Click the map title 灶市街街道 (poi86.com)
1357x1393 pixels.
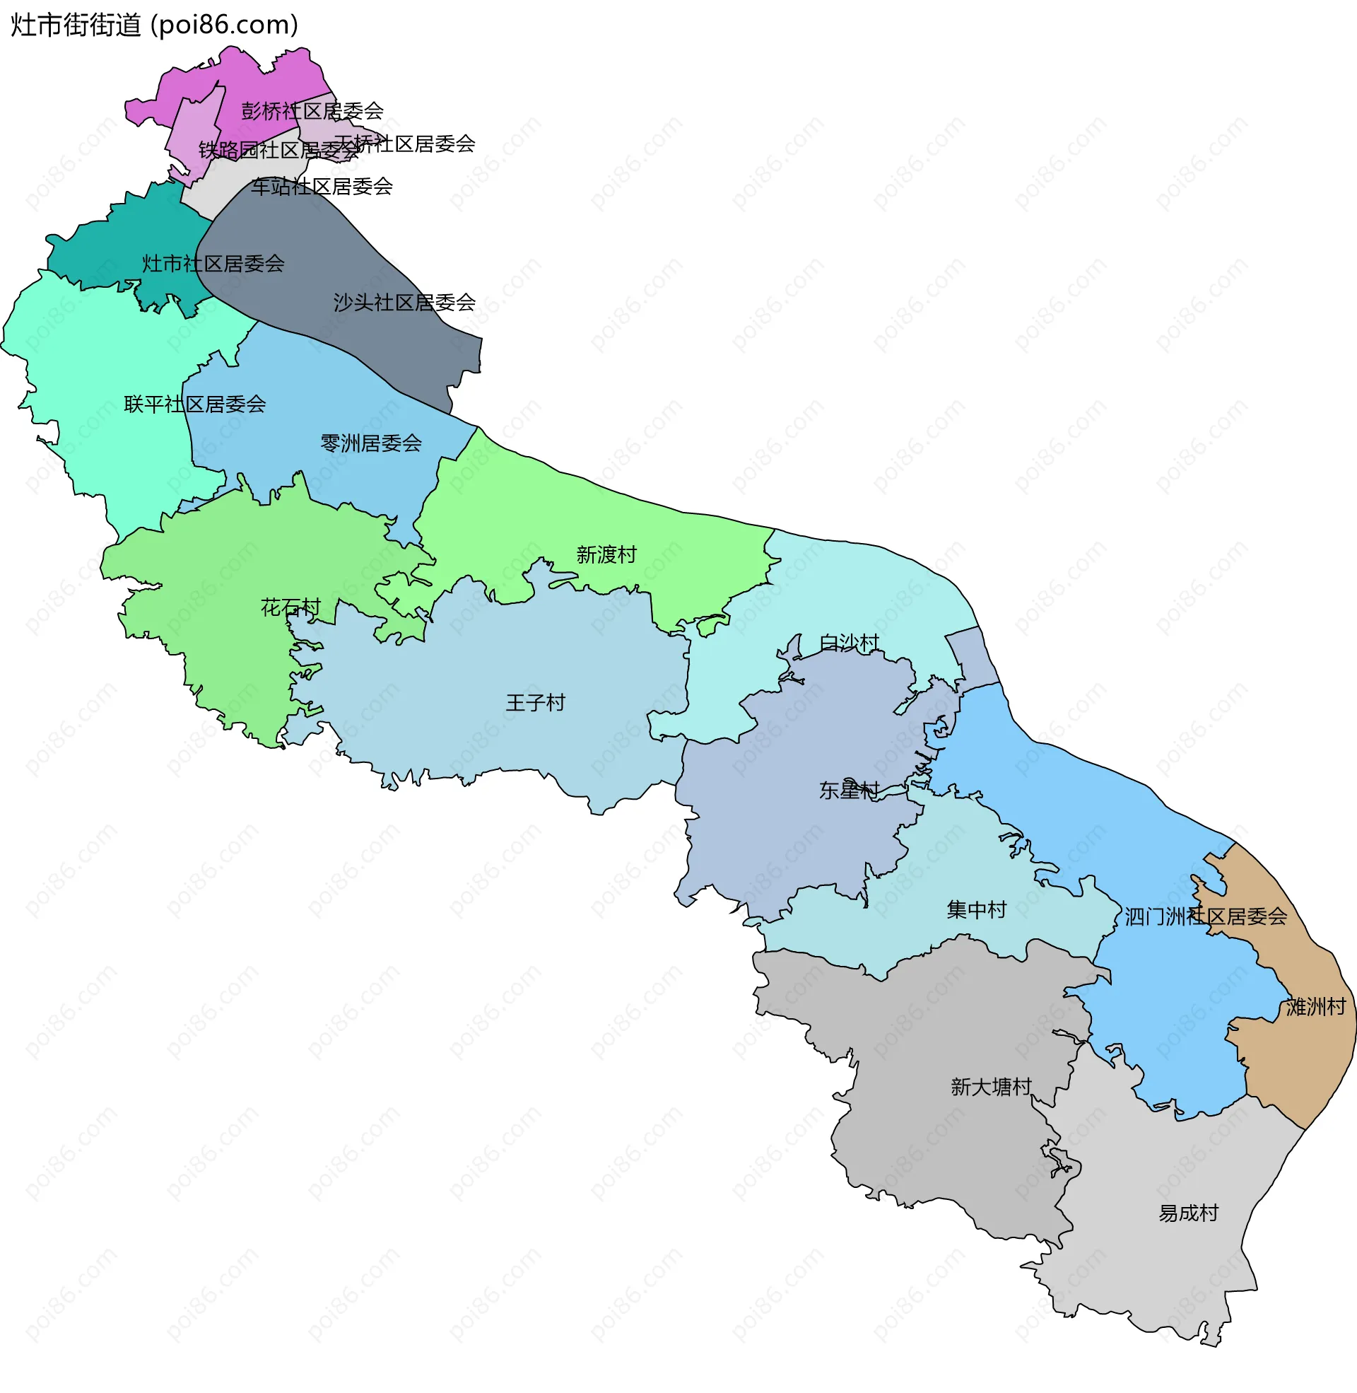(154, 25)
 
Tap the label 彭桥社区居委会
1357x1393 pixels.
(312, 111)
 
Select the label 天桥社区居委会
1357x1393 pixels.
(404, 144)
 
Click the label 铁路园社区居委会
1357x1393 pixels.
(278, 151)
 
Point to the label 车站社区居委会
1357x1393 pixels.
(322, 187)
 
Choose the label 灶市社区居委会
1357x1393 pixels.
(213, 264)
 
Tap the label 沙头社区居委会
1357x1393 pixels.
(404, 303)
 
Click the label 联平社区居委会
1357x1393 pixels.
(194, 405)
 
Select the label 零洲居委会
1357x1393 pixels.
(370, 444)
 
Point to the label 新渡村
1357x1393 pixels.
(606, 554)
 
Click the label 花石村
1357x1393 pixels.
(290, 607)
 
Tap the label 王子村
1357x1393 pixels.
(535, 703)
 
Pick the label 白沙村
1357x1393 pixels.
(849, 643)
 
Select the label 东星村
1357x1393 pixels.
(849, 790)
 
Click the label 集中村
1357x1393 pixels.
(977, 909)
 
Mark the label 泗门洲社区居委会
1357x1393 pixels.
(1206, 917)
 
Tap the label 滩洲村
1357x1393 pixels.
(1316, 1007)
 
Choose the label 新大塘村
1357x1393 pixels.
(991, 1086)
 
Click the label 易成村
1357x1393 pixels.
(1188, 1213)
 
